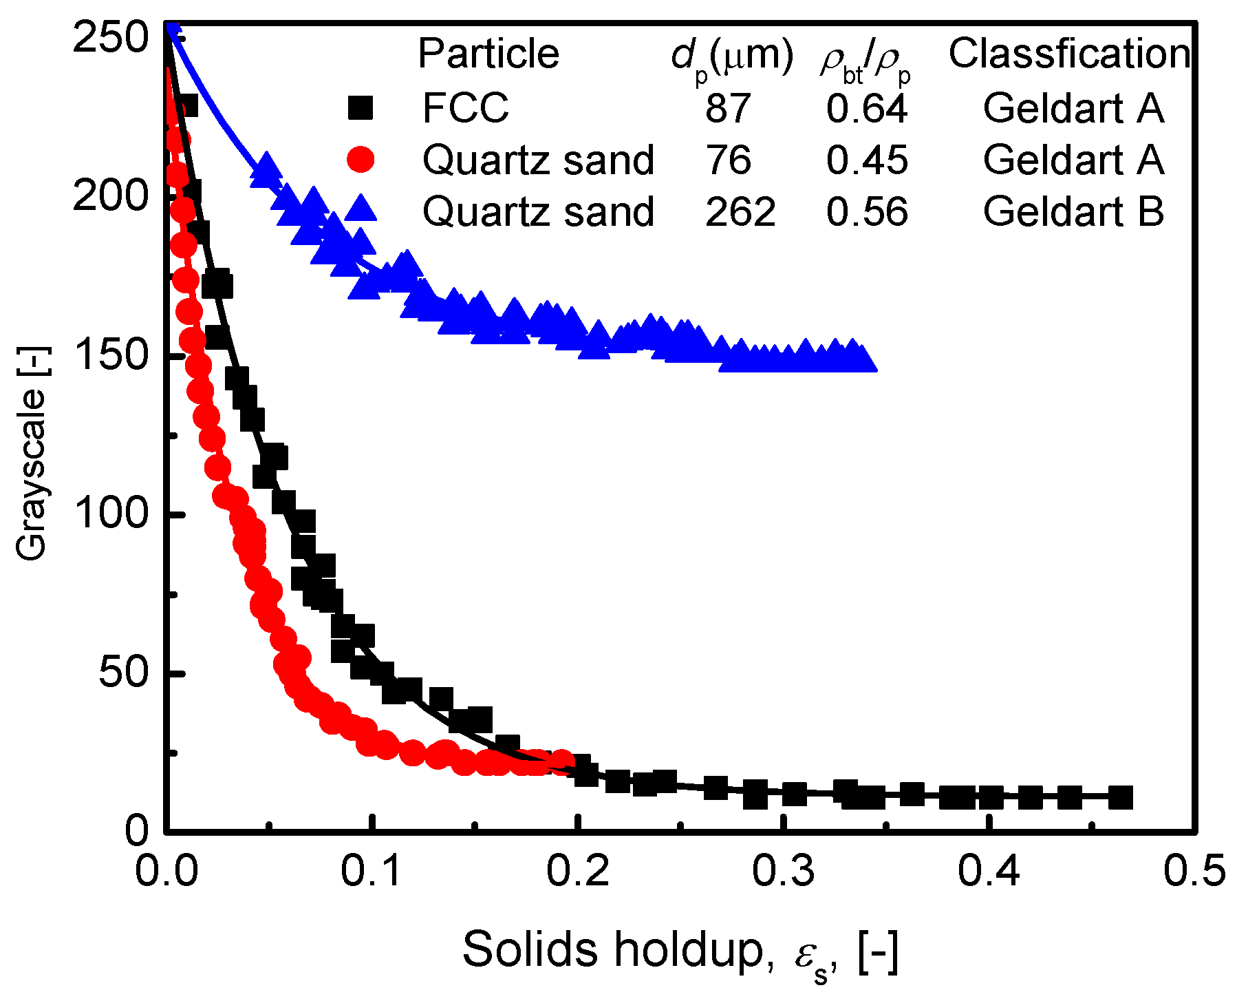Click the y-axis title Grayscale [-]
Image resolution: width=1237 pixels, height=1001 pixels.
point(32,474)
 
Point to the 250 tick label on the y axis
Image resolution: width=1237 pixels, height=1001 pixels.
point(110,37)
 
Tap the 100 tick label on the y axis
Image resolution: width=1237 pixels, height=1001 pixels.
point(110,514)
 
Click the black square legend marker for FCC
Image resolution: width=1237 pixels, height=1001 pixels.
point(361,108)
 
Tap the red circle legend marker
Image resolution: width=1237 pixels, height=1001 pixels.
point(361,160)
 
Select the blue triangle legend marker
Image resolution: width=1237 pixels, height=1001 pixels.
point(361,208)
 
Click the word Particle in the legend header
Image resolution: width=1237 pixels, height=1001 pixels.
point(488,53)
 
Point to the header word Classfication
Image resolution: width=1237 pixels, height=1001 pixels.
point(1069,53)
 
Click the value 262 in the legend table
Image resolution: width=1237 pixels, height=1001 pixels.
point(740,211)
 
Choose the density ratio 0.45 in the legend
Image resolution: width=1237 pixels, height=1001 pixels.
point(867,160)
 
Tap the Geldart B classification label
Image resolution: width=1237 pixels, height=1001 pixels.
point(1073,211)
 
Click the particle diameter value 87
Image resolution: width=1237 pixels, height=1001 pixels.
point(728,108)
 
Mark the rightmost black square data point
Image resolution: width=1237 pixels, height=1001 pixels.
point(1121,797)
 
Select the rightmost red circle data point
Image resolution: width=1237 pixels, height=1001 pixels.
point(563,761)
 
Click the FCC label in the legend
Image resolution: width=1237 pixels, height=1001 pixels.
point(465,108)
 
